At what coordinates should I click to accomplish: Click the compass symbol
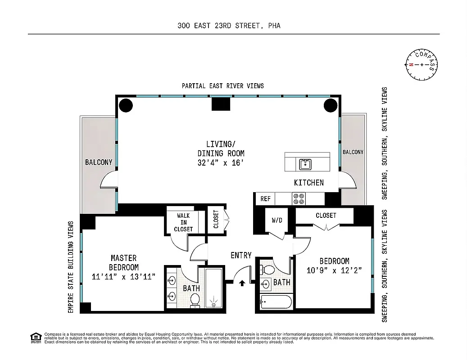tap(422, 64)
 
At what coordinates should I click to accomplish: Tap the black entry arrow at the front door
tap(242, 283)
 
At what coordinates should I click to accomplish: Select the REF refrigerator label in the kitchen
tap(265, 198)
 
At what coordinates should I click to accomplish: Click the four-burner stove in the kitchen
tap(299, 198)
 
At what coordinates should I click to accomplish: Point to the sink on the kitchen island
tap(305, 164)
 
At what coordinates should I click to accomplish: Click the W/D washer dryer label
tap(277, 221)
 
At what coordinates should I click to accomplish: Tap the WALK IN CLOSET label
tap(183, 222)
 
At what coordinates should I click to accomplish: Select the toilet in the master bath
tap(195, 300)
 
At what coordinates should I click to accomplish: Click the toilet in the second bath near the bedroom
tap(269, 270)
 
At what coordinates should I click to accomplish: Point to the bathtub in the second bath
tap(276, 301)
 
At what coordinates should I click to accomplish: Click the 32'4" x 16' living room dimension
tap(221, 163)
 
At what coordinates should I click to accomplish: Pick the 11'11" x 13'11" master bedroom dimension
tap(123, 277)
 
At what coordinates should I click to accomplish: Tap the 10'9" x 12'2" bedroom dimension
tap(334, 271)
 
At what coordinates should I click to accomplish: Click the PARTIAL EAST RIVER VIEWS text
tap(222, 85)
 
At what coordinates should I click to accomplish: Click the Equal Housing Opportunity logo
tap(35, 337)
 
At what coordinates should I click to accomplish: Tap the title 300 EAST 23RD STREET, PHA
tap(229, 26)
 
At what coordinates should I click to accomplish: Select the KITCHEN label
tap(308, 183)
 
